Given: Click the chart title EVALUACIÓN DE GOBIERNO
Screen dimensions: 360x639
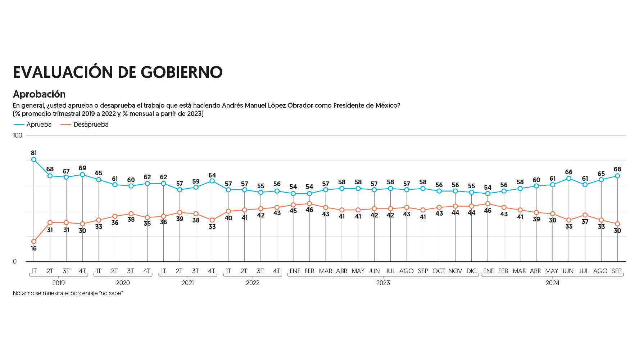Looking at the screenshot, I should click(118, 72).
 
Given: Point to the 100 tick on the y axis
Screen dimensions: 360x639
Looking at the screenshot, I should click(17, 135).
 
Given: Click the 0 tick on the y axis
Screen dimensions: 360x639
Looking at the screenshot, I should click(15, 262).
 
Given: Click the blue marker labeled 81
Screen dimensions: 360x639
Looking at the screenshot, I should click(34, 159).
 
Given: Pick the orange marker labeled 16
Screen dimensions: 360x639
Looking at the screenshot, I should click(34, 242).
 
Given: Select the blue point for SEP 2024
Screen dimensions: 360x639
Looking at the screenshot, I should click(617, 176).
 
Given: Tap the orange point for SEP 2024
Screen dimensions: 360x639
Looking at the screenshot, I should click(617, 224).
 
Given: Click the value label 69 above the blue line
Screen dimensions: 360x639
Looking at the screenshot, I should click(82, 168).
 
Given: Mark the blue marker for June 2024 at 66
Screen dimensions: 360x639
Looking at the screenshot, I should click(569, 178).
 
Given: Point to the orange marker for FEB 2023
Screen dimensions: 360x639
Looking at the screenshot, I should click(309, 204).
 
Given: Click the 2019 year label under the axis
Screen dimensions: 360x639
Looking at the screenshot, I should click(58, 283).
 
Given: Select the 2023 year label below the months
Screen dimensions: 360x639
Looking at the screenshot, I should click(383, 283).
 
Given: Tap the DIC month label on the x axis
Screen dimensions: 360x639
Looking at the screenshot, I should click(471, 271).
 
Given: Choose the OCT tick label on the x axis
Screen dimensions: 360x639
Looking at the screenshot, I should click(439, 271).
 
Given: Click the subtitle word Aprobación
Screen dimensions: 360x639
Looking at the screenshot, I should click(39, 94).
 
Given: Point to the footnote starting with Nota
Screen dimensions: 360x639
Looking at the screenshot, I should click(68, 293).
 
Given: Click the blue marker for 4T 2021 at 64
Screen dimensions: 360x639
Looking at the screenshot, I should click(212, 181).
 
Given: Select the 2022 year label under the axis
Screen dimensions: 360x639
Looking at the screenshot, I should click(253, 283).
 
